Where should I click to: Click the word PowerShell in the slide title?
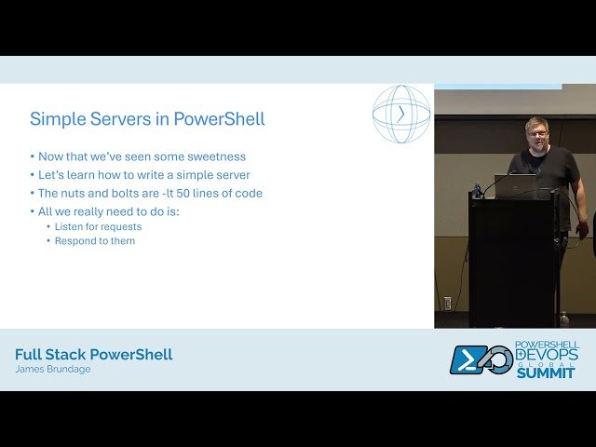click(220, 119)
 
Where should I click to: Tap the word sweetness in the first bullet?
click(215, 156)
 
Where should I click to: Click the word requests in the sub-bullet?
click(121, 226)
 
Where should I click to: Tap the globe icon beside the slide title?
click(401, 115)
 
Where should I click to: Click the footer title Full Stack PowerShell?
click(93, 355)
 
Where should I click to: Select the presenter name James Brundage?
click(52, 370)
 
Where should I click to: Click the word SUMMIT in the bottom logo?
click(548, 372)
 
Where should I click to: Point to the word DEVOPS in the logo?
click(548, 355)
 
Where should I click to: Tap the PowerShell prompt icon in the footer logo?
click(468, 360)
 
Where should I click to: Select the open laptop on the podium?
click(514, 185)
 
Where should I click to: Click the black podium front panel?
click(511, 261)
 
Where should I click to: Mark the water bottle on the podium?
click(478, 189)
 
